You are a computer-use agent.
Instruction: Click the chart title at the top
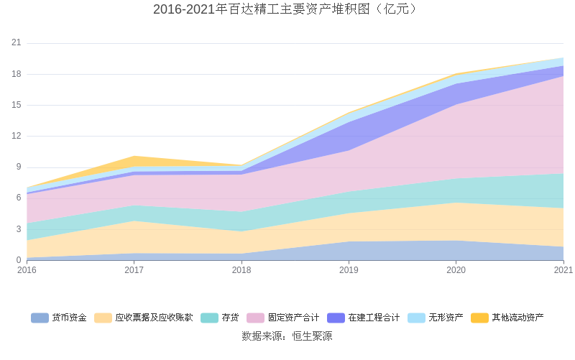(285, 9)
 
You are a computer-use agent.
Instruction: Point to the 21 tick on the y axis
(17, 43)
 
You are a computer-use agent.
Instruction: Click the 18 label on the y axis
(17, 74)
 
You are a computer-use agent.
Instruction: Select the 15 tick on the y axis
(17, 105)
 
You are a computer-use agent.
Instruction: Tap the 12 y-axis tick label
(17, 136)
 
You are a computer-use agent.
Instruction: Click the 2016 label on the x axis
(27, 270)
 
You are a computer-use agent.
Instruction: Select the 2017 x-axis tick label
(134, 270)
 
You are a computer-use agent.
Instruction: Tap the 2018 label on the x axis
(241, 270)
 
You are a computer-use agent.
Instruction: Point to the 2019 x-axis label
(349, 270)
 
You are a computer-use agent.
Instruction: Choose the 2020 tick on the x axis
(456, 270)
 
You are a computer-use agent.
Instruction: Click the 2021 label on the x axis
(563, 270)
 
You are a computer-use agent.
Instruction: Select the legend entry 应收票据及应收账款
(154, 318)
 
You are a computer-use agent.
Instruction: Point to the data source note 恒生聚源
(287, 336)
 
